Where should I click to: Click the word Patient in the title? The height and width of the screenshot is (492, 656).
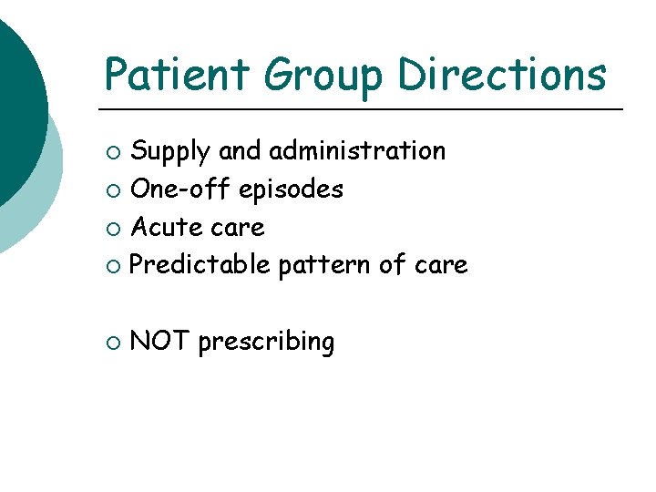point(177,74)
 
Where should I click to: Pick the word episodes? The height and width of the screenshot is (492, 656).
point(292,190)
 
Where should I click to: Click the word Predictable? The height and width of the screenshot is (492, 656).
point(200,265)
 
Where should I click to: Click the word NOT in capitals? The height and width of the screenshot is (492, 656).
point(159,342)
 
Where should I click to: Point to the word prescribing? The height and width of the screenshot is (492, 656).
point(266,343)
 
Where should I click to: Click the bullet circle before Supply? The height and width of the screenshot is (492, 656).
point(111,152)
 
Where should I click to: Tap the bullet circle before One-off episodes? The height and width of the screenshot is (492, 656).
point(111,190)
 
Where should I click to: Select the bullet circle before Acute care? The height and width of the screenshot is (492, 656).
point(111,229)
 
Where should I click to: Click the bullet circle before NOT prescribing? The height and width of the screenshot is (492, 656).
point(111,343)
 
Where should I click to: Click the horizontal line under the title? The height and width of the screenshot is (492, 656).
point(364,109)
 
